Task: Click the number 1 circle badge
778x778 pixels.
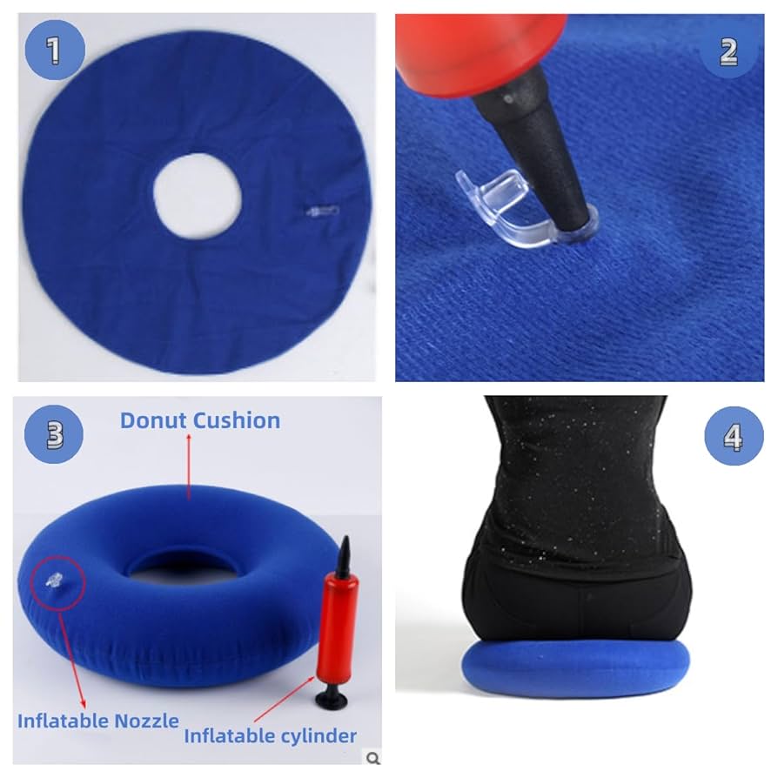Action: click(54, 50)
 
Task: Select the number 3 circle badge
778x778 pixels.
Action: click(54, 433)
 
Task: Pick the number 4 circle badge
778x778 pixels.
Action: click(733, 435)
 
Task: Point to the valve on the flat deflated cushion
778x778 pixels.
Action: click(321, 211)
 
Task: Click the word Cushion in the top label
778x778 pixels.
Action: click(237, 420)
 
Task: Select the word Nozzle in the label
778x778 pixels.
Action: click(147, 721)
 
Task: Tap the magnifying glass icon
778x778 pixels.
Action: click(373, 759)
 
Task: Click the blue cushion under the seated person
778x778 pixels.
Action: click(574, 670)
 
